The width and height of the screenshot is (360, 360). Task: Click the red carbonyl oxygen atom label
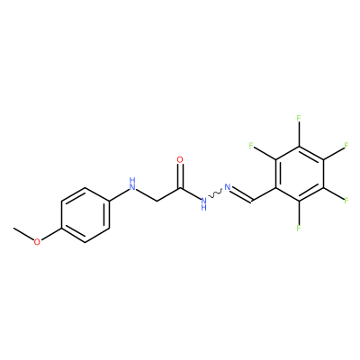click(180, 159)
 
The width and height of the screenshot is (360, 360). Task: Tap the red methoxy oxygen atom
click(37, 242)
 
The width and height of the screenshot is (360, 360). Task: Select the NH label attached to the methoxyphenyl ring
click(132, 184)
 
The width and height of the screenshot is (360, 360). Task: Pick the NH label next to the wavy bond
click(203, 203)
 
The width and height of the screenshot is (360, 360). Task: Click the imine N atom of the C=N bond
click(228, 187)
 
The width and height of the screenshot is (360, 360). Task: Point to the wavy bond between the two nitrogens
click(215, 194)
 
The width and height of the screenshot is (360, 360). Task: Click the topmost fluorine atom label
click(299, 118)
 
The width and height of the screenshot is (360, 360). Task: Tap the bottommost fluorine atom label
click(299, 228)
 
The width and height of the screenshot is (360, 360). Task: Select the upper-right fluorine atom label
click(346, 146)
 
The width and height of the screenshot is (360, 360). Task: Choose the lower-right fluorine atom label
click(346, 201)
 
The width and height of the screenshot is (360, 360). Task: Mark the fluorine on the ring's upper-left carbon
click(251, 146)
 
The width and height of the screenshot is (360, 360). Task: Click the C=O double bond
click(180, 176)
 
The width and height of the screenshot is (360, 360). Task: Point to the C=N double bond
click(242, 194)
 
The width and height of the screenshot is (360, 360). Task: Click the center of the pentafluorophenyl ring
click(299, 173)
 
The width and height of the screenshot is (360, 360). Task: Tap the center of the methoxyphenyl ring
click(85, 215)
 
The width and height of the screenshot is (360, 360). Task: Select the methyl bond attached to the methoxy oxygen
click(23, 233)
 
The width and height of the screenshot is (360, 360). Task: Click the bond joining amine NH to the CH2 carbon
click(146, 194)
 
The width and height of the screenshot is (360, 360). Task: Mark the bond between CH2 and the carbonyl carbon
click(168, 194)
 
